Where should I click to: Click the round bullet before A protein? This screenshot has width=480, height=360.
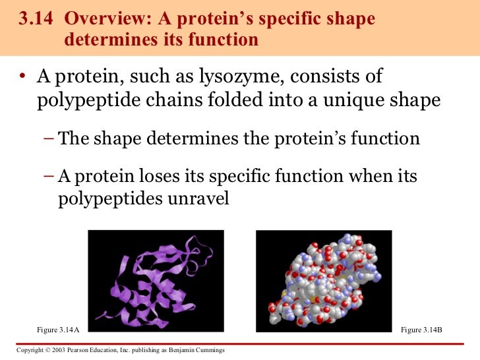point(22,78)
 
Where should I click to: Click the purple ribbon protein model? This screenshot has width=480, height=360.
point(156,280)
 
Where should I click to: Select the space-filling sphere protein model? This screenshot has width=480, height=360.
point(324,280)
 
